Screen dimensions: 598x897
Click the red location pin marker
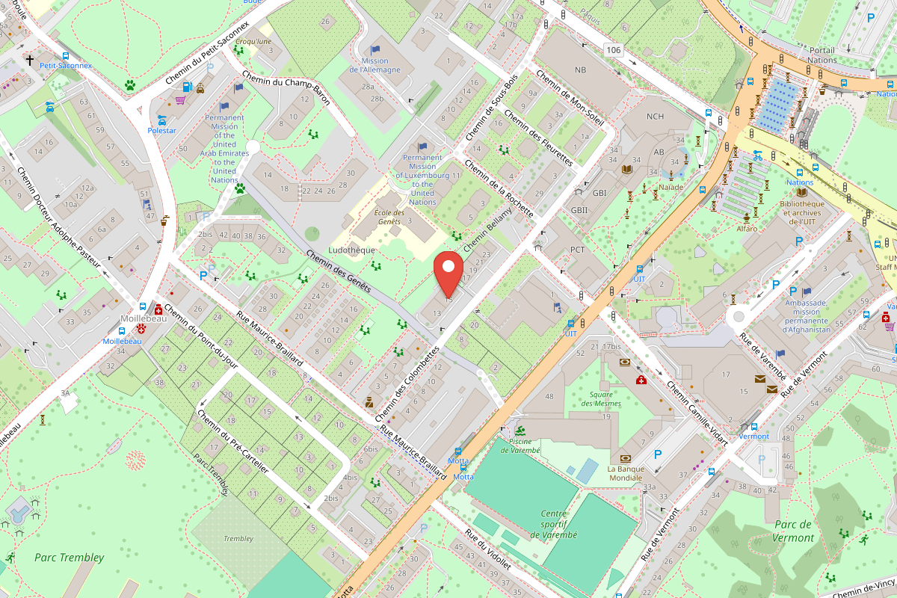coord(449,276)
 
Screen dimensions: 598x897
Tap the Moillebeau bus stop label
coord(122,341)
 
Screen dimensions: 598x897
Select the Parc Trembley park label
coord(69,557)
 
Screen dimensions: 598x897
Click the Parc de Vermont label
coord(794,531)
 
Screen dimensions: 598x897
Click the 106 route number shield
coord(614,49)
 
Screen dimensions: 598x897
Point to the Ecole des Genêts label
coord(389,218)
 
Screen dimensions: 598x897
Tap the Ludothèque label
coord(351,250)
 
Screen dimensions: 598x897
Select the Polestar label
coord(161,130)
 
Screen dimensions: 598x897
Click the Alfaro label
coord(746,228)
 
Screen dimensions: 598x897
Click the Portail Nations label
coord(822,55)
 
